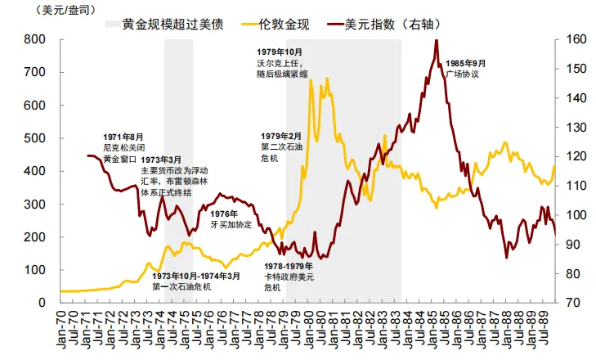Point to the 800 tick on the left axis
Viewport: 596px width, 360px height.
pyautogui.click(x=34, y=39)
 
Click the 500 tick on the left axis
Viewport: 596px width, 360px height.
pyautogui.click(x=34, y=138)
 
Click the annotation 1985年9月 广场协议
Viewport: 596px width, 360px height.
pyautogui.click(x=466, y=69)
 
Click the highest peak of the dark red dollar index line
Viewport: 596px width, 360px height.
pyautogui.click(x=436, y=40)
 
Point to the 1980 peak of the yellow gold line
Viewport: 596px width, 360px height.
pyautogui.click(x=311, y=80)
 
